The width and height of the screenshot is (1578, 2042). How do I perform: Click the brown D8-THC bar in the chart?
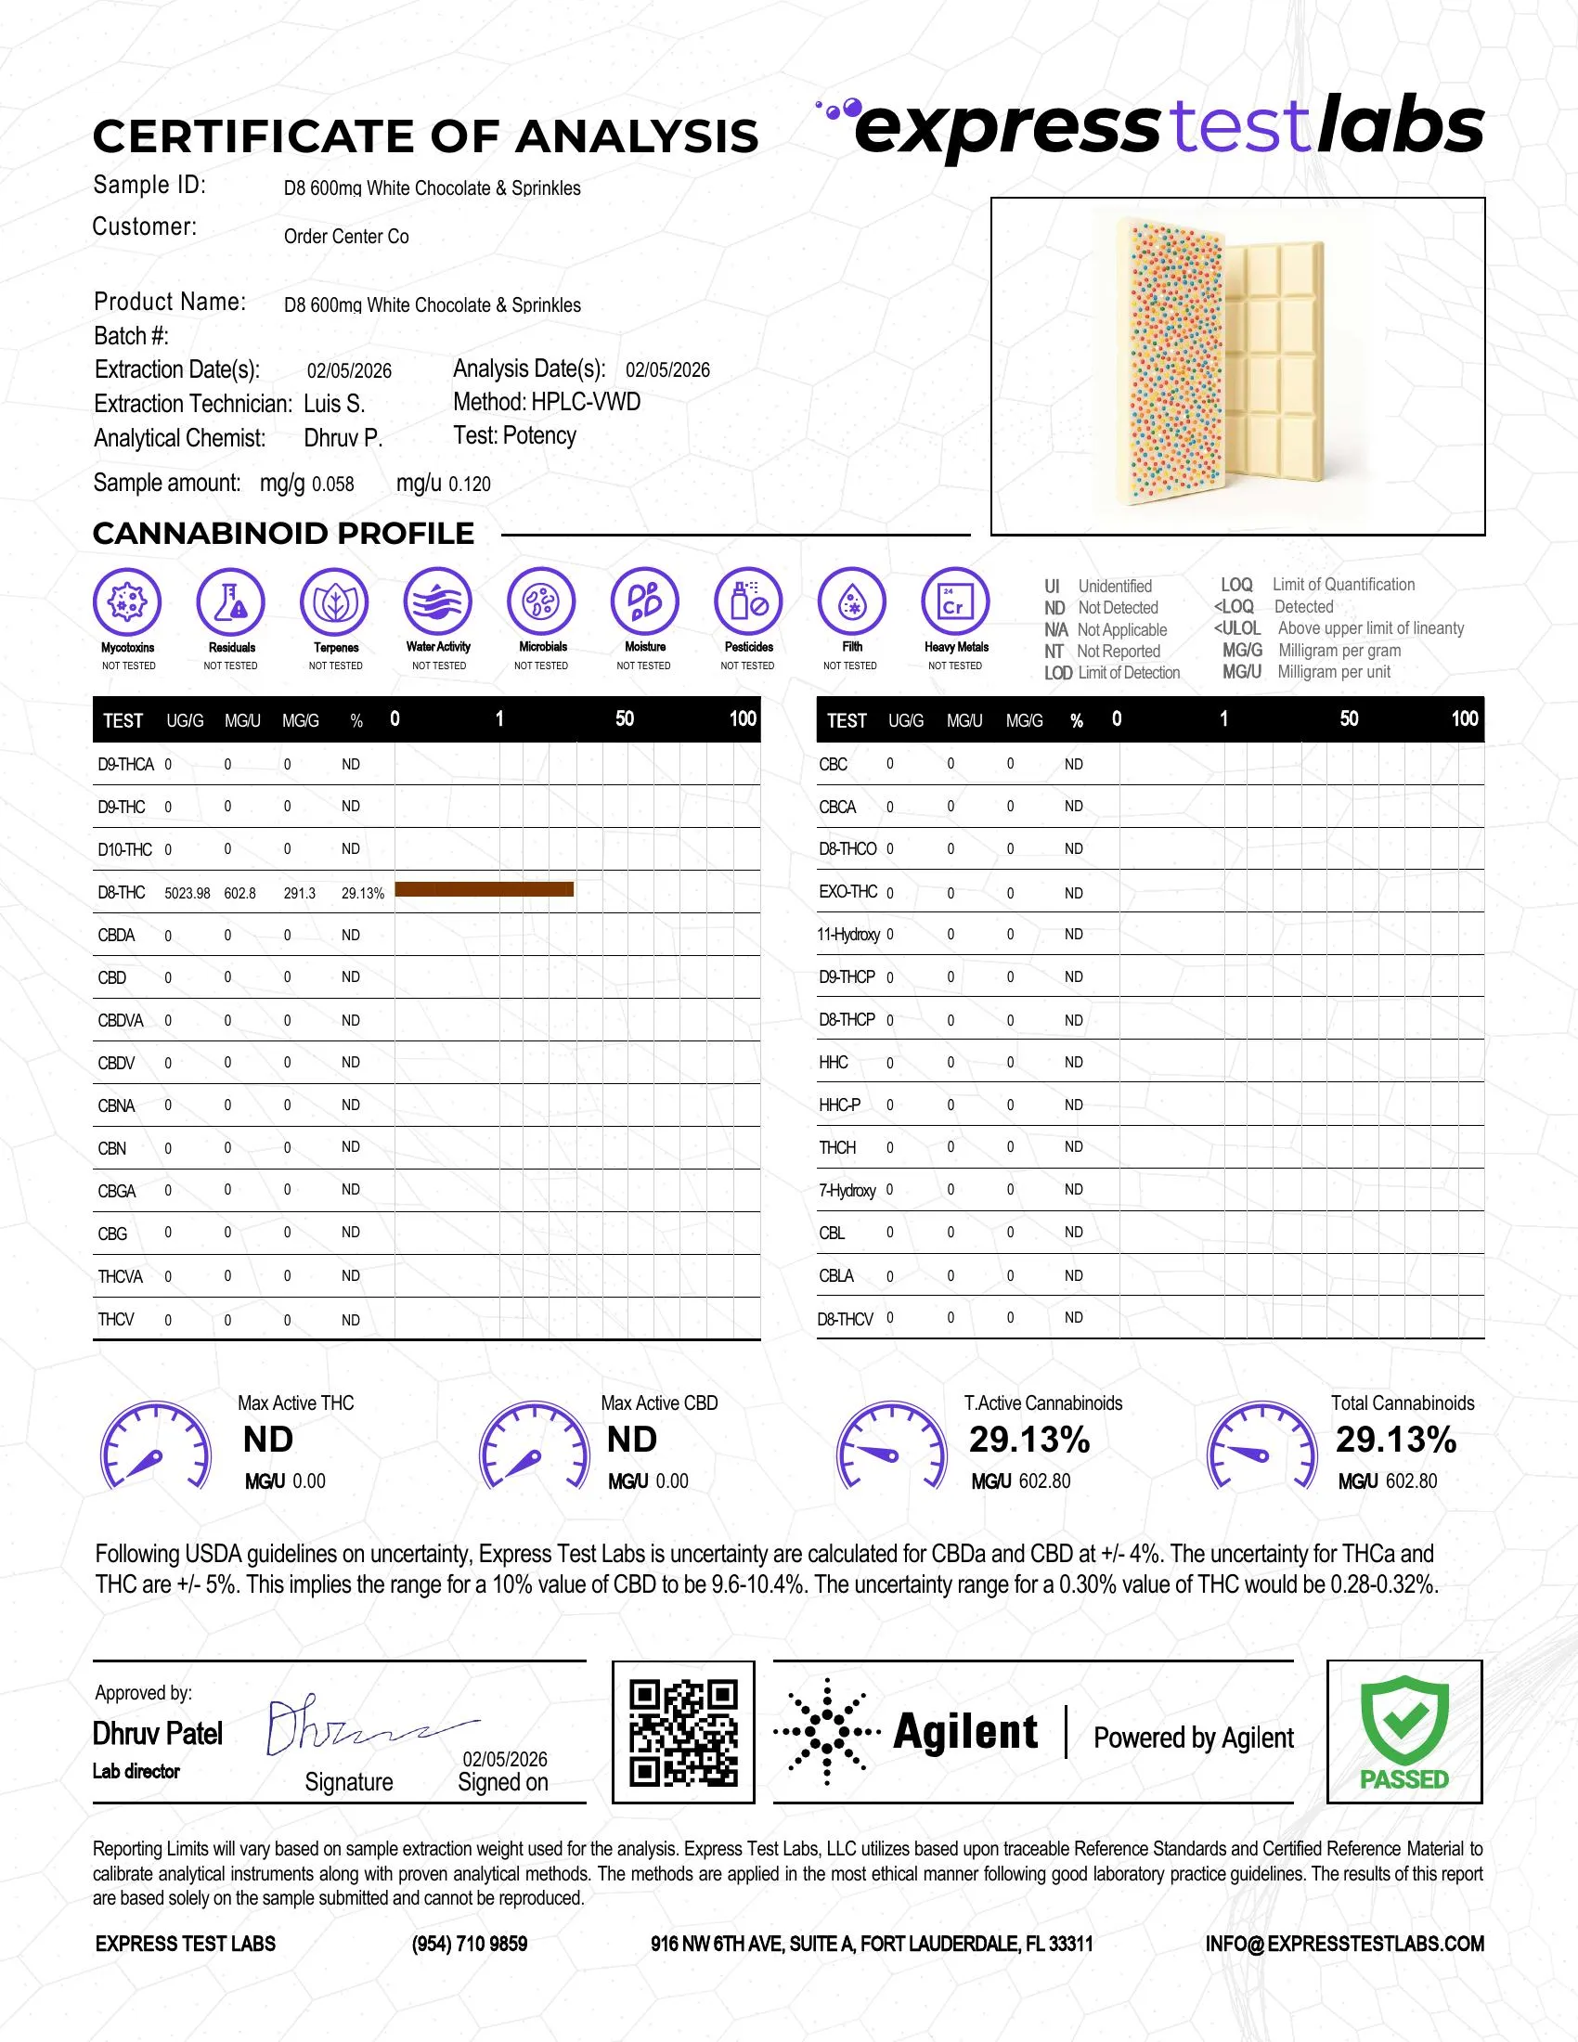[x=485, y=889]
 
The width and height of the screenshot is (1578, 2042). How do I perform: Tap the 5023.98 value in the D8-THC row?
[x=187, y=893]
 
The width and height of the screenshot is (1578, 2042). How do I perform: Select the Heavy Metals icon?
[x=954, y=601]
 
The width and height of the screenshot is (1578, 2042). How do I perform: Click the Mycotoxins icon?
[x=128, y=601]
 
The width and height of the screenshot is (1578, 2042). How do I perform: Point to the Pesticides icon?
[x=748, y=601]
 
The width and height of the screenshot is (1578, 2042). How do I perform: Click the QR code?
[x=683, y=1733]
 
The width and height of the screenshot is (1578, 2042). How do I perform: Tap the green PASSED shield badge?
[x=1404, y=1731]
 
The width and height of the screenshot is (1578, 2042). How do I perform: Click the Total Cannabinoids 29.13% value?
[x=1396, y=1440]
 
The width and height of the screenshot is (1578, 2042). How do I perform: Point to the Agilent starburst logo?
[x=827, y=1732]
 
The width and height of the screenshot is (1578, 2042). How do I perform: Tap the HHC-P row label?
[x=839, y=1105]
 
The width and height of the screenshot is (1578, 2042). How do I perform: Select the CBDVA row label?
[x=121, y=1020]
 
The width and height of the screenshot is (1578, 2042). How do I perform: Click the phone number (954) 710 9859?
[x=470, y=1944]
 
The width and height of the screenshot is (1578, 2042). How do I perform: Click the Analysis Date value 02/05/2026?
[x=667, y=370]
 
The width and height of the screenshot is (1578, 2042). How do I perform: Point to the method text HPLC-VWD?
[x=586, y=402]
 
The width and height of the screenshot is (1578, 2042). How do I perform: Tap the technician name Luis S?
[x=334, y=404]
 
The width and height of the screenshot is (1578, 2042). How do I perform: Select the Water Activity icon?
[x=438, y=601]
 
